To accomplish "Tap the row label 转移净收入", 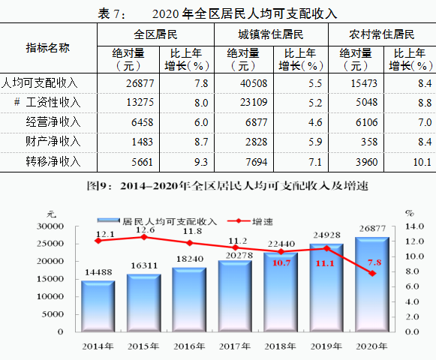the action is pos(53,161).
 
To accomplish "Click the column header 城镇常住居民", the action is pos(271,34).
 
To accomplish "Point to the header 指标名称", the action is pos(47,48).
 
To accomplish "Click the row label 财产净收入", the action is pos(53,142).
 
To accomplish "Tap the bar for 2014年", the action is pos(98,306).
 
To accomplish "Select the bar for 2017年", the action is pos(235,296).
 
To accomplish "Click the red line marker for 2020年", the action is pos(372,273).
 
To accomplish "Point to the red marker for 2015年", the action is pos(144,237).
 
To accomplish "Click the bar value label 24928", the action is pos(326,235).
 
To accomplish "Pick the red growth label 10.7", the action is pos(281,263).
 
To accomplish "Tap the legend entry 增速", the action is pos(250,221).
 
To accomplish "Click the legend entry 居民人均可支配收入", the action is pos(157,221).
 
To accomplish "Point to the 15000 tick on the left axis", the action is pos(50,279).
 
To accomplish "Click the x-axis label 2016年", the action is pos(189,346).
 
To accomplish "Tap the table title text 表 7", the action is pos(111,14).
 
